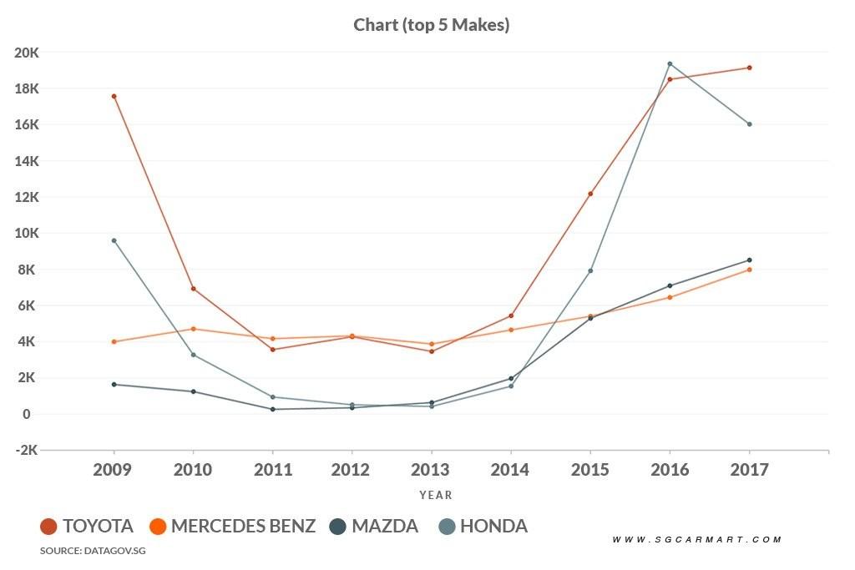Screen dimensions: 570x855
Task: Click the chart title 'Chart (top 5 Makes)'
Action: tap(432, 25)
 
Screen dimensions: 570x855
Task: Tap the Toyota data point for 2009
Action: tap(114, 96)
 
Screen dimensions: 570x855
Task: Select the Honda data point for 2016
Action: tap(670, 63)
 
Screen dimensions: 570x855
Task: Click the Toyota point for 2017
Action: tap(750, 68)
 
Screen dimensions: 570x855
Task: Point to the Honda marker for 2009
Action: tap(114, 240)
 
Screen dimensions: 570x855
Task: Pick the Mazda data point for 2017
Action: tap(750, 260)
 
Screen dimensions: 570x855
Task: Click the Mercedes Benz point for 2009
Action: tap(114, 341)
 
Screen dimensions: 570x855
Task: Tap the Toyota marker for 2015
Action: tap(590, 194)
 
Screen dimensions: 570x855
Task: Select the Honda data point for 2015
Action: tap(590, 270)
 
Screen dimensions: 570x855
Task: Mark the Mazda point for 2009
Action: tap(114, 384)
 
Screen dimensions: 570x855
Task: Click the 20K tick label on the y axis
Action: tap(27, 53)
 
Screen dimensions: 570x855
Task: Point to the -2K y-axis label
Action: tap(27, 450)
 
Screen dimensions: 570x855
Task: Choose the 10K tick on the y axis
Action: tap(27, 233)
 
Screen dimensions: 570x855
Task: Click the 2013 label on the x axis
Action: tap(431, 470)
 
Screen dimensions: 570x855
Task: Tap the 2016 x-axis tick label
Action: tap(670, 470)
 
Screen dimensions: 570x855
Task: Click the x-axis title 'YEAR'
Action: tap(436, 495)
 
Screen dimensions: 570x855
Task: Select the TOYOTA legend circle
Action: tap(49, 527)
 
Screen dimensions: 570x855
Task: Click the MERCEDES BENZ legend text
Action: tap(244, 527)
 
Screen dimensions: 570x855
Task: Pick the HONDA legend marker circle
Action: tap(447, 527)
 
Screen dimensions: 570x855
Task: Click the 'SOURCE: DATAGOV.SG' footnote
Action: tap(87, 551)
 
